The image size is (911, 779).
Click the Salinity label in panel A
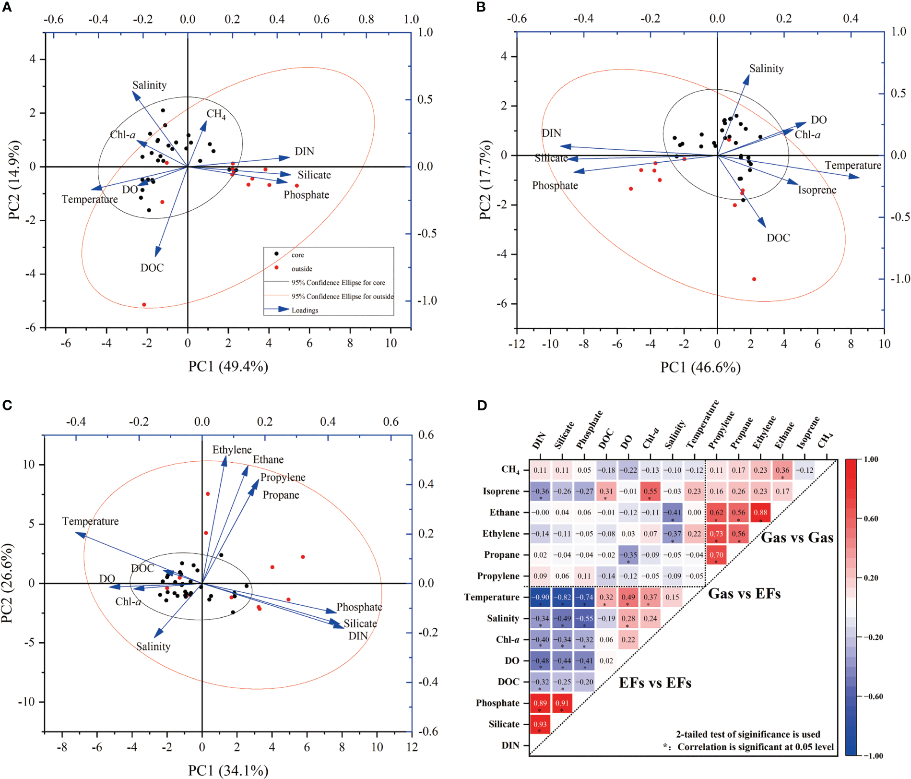(149, 85)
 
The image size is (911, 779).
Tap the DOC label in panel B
(778, 238)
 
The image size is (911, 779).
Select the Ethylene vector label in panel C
(232, 450)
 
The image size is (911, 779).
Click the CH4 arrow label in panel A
(216, 114)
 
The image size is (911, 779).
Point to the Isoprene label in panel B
(817, 190)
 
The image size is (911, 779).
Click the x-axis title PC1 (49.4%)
(228, 367)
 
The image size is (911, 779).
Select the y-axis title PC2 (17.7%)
(485, 180)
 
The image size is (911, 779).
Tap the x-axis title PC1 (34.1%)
(228, 770)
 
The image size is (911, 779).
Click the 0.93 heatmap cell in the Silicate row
(540, 724)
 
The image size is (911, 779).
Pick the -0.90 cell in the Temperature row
(540, 597)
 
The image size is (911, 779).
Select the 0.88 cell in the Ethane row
(760, 513)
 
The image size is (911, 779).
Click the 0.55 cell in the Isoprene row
(650, 491)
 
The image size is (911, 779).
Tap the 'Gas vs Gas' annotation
(797, 538)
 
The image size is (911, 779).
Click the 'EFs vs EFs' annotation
(655, 683)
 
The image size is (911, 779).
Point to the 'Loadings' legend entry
(305, 311)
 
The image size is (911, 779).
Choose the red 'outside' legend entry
(301, 269)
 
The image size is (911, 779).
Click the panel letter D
(482, 406)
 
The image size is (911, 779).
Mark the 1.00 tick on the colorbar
(870, 459)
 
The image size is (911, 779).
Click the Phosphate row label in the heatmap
(497, 703)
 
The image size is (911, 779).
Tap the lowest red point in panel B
(754, 279)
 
